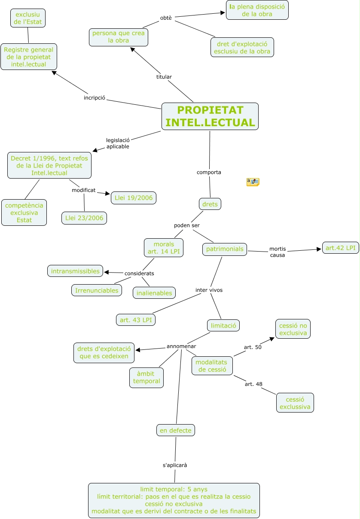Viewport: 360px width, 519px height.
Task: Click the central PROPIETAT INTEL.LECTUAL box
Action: [210, 116]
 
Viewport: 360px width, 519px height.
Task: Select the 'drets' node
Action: [210, 204]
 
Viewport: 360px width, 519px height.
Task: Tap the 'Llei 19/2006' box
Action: [133, 198]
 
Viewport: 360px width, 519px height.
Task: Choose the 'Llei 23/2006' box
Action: [84, 218]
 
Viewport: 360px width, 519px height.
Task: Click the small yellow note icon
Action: [253, 182]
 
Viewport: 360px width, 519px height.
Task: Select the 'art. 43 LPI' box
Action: [136, 320]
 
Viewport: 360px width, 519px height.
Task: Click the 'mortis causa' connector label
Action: [278, 252]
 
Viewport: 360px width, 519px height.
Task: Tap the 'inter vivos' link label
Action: [209, 290]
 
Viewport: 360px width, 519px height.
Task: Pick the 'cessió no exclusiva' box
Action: [293, 329]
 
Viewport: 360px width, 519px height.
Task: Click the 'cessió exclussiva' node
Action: [295, 403]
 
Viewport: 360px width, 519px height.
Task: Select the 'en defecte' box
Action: [175, 430]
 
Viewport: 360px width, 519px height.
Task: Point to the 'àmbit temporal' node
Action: [146, 377]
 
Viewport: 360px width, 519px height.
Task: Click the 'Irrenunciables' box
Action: [97, 290]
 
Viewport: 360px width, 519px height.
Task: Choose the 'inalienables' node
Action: [154, 293]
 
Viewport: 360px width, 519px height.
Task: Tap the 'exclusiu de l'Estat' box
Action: [28, 18]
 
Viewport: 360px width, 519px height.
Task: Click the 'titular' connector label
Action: [164, 77]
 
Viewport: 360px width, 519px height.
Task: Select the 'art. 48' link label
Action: [253, 384]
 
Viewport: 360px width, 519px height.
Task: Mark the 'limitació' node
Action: [223, 325]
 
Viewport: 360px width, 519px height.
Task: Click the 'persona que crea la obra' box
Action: [119, 37]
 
